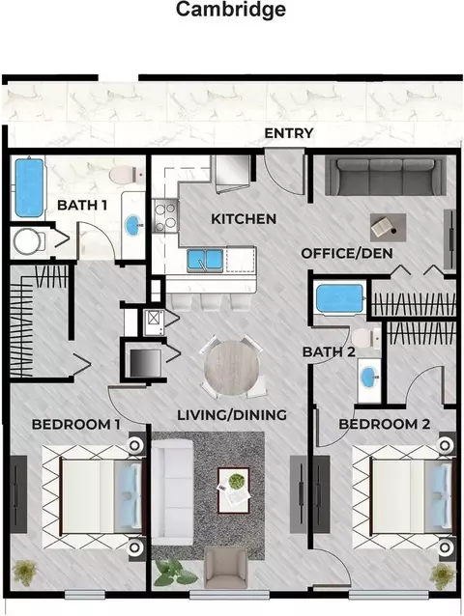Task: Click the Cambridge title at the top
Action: (231, 11)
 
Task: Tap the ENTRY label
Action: (289, 133)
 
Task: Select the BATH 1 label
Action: (82, 205)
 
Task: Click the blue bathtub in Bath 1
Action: (29, 187)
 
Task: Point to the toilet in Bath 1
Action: (126, 175)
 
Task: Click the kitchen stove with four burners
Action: (164, 215)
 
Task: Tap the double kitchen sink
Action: (205, 260)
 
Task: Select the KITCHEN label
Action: (244, 219)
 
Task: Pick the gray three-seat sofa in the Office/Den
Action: (386, 177)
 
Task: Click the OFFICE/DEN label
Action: (347, 253)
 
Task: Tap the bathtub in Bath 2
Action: (339, 299)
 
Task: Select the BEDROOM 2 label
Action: (384, 424)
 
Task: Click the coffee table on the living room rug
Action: (234, 490)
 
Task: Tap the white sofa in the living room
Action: (172, 492)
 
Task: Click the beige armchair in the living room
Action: (225, 569)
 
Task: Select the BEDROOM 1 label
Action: (76, 425)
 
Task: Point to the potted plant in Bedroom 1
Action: (24, 573)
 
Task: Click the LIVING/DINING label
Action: (232, 415)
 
